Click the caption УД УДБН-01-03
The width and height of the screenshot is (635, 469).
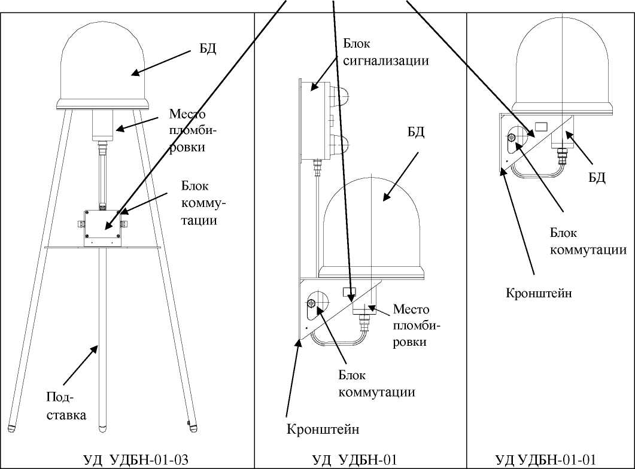click(136, 459)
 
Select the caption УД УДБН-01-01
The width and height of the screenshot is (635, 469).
click(546, 459)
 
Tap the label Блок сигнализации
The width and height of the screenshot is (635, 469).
click(387, 52)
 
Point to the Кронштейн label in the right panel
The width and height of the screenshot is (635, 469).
click(539, 293)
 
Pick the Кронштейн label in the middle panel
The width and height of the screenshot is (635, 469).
click(323, 430)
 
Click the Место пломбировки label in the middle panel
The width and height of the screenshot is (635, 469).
click(417, 325)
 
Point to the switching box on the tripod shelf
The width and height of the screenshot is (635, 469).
click(103, 228)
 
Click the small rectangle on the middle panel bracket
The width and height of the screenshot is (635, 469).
click(350, 293)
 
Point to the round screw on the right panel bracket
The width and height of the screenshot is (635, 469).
click(511, 139)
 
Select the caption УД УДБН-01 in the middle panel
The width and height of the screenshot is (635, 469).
click(354, 459)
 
